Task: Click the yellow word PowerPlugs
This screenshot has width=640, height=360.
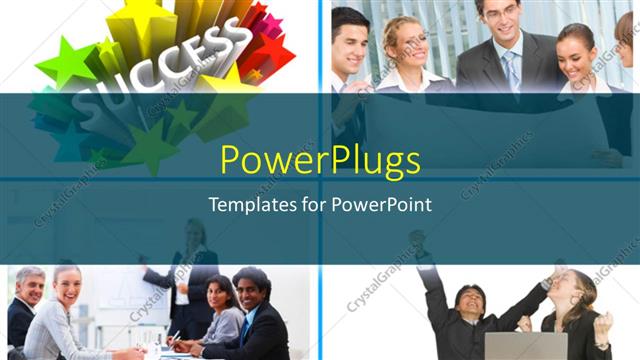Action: click(x=320, y=160)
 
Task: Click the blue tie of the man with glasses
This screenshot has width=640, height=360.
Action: click(x=512, y=70)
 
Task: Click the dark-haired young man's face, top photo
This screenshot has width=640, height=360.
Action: click(x=353, y=40)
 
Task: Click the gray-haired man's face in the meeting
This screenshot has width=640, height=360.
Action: click(x=30, y=288)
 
